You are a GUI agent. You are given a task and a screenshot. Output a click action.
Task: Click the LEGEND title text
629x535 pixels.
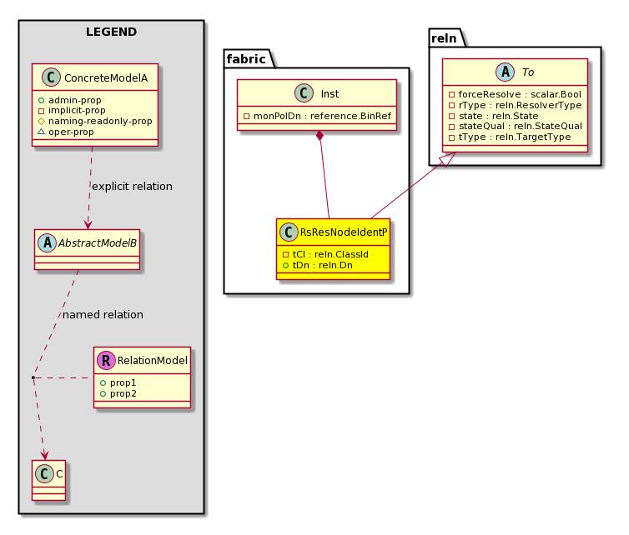(x=111, y=32)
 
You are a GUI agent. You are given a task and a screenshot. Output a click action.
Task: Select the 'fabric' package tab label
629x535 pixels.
(x=246, y=59)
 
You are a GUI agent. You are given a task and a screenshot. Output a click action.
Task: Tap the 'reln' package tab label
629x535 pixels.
(x=444, y=38)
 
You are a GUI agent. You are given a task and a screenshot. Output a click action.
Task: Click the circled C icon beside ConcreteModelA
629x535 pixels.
(x=51, y=77)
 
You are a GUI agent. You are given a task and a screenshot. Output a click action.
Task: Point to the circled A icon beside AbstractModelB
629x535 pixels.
(x=48, y=242)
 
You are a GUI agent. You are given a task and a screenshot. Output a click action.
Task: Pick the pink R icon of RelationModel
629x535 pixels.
(x=106, y=360)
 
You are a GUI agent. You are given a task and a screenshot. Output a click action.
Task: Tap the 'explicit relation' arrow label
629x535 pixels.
(x=132, y=187)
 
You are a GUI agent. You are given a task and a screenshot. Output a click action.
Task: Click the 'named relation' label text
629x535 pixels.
(x=103, y=315)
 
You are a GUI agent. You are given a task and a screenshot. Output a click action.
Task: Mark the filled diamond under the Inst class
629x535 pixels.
(x=320, y=136)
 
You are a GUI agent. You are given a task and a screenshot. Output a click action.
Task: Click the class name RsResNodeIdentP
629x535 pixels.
(x=344, y=232)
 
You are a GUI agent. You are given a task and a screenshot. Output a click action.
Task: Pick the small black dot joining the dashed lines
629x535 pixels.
(x=33, y=377)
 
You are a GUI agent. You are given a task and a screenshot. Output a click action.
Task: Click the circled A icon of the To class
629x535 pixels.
(x=505, y=72)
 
